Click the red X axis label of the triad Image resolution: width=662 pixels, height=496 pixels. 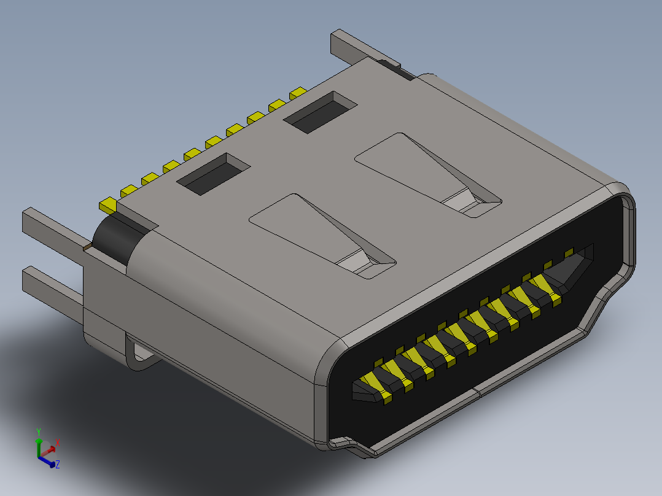tap(58, 442)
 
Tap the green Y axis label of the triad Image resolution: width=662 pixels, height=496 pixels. tap(39, 432)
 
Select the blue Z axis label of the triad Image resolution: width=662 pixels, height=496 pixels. tap(58, 465)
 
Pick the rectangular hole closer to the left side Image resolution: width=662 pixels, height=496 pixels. tap(214, 174)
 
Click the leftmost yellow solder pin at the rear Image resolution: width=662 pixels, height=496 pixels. tap(108, 204)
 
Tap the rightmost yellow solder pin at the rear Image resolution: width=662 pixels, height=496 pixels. tap(298, 93)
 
